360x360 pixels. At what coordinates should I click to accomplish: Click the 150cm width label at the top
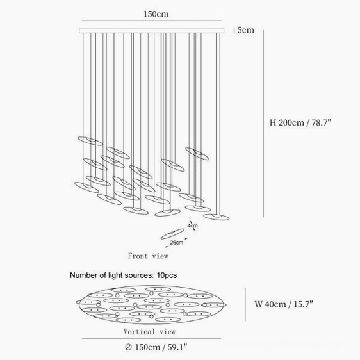(x=156, y=14)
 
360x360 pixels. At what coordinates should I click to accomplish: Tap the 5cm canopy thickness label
(x=246, y=30)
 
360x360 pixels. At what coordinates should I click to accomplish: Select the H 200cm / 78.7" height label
(x=300, y=122)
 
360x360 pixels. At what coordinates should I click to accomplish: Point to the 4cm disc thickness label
(x=192, y=225)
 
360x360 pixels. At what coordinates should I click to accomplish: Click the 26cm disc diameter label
(x=177, y=242)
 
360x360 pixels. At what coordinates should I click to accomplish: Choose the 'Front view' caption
(x=148, y=256)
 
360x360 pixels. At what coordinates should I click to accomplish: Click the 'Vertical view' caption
(x=149, y=332)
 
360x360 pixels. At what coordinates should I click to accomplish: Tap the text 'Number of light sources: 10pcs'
(x=123, y=275)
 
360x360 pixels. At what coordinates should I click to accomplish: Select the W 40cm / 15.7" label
(x=284, y=304)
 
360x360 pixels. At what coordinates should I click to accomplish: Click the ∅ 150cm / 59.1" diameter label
(x=156, y=347)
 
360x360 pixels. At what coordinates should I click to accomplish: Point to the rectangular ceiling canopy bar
(x=152, y=31)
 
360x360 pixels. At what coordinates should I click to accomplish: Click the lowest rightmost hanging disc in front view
(x=217, y=217)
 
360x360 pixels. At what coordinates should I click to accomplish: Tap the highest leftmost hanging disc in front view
(x=90, y=141)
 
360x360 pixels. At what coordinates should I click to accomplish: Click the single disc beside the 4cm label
(x=172, y=234)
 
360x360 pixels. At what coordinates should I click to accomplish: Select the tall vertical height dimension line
(x=263, y=123)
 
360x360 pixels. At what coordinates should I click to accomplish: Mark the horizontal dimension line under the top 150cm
(x=152, y=20)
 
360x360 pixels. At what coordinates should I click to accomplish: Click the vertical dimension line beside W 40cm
(x=245, y=305)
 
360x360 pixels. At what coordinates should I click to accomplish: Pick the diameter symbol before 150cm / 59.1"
(x=128, y=347)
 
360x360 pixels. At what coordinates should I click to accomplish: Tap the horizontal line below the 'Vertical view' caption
(x=152, y=338)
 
